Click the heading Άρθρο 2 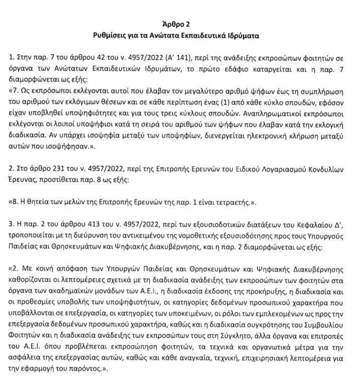coord(179,24)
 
